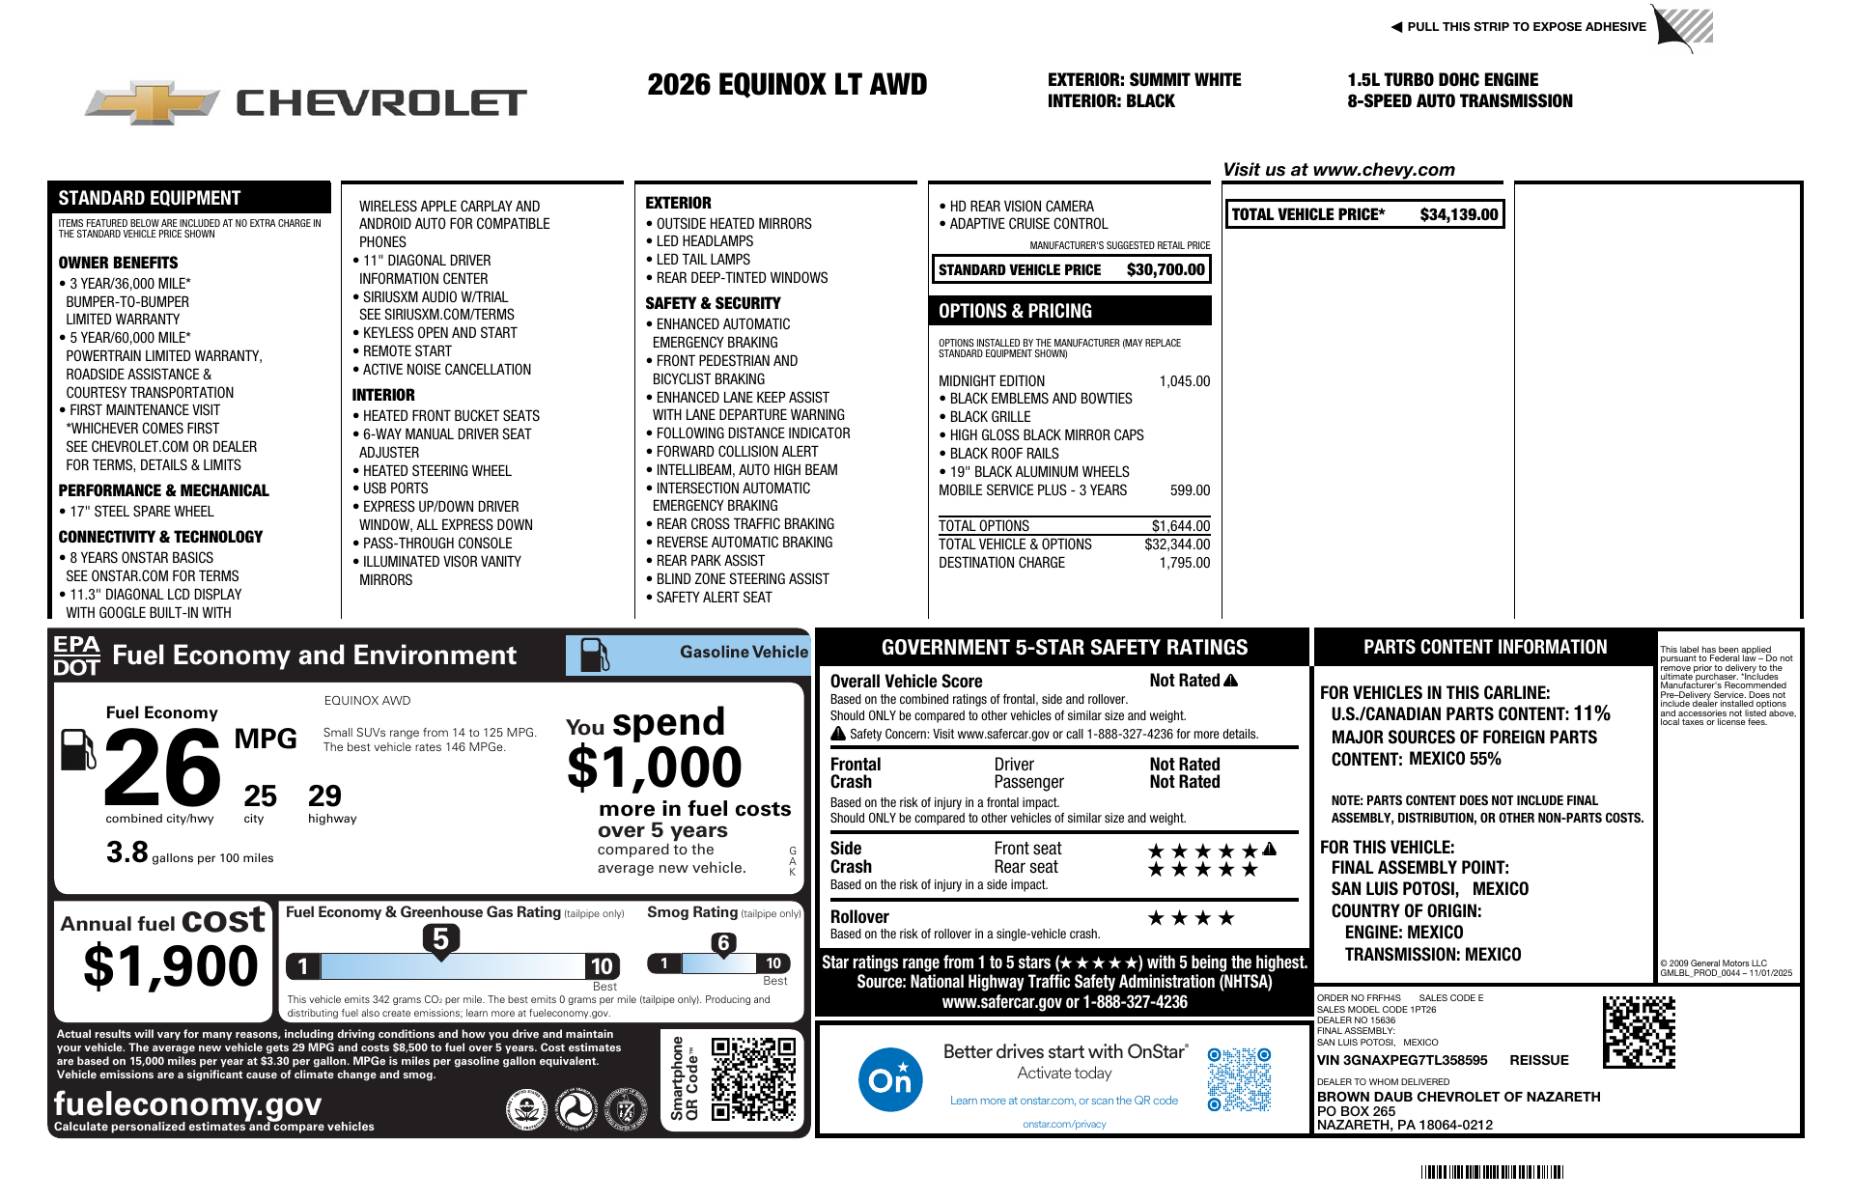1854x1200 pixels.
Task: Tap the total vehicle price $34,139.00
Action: coord(1458,215)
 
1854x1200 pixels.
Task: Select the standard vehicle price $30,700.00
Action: coord(1166,270)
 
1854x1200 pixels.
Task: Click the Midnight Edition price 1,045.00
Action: coord(1184,381)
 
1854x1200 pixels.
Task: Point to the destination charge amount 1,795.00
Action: coord(1184,563)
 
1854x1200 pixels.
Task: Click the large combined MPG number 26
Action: coord(162,768)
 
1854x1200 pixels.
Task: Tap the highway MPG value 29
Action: coord(324,796)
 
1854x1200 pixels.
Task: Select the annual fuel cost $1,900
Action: coord(171,966)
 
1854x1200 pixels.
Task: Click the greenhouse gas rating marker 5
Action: coord(440,939)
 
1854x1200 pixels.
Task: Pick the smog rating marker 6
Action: coord(723,943)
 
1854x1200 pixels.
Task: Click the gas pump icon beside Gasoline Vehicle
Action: coord(594,655)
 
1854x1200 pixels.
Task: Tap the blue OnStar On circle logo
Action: coord(889,1079)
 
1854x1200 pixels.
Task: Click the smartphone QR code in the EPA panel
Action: coord(753,1078)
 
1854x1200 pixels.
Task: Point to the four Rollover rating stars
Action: coord(1191,918)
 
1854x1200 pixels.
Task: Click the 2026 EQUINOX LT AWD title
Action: coord(787,85)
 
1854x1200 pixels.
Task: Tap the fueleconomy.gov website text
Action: coord(187,1103)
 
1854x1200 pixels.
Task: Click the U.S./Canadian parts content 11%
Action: coord(1591,713)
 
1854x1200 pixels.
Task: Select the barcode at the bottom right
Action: coord(1492,1172)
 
